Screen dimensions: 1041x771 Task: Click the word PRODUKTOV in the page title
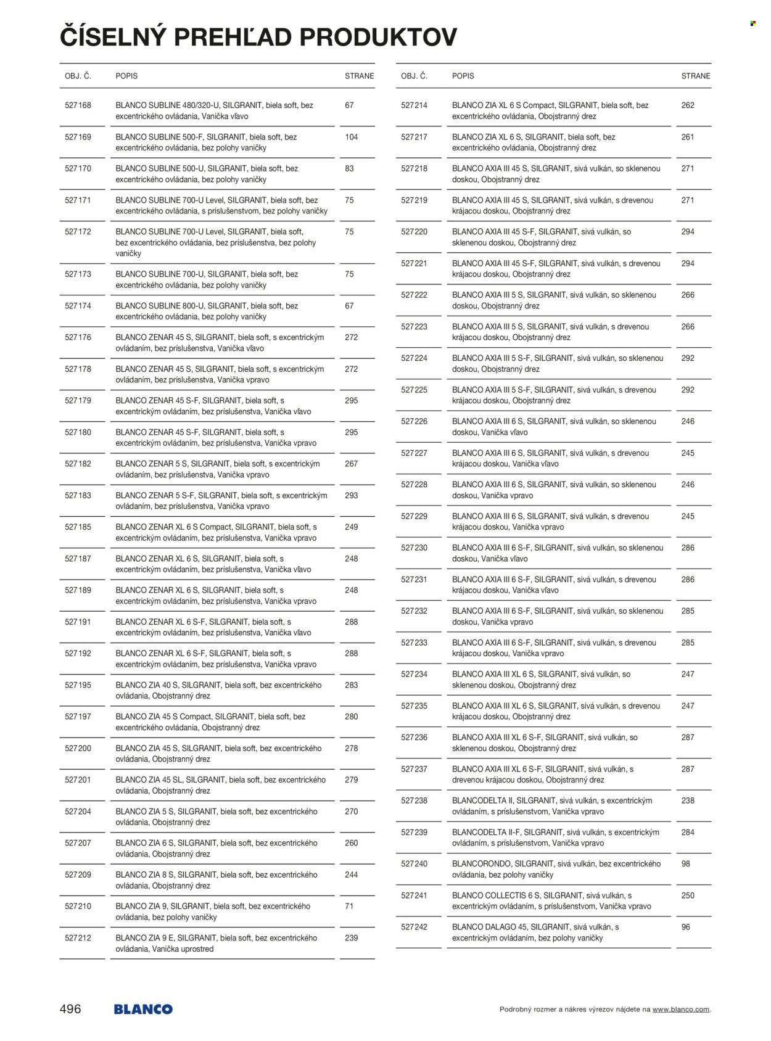coord(378,37)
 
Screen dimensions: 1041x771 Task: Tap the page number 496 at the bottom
coord(70,1009)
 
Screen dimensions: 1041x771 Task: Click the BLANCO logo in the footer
coord(143,1010)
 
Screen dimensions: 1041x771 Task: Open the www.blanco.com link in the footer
coord(681,1010)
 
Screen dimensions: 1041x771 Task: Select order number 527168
coord(78,105)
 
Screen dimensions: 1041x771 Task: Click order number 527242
coord(414,927)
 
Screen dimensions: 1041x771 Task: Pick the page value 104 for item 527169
coord(352,137)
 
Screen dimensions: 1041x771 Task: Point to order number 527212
coord(78,938)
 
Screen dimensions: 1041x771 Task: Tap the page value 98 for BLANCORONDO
coord(686,864)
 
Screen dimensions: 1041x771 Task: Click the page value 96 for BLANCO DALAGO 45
coord(686,927)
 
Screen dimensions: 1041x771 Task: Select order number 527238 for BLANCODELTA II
coord(414,800)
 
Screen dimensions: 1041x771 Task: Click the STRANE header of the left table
coord(359,76)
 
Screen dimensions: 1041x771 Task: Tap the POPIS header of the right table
coord(463,76)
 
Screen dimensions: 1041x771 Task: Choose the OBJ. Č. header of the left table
coord(78,76)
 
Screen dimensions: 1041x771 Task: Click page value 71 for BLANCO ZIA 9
coord(349,907)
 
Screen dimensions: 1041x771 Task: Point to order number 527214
coord(414,105)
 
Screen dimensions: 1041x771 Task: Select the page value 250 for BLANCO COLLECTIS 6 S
coord(688,895)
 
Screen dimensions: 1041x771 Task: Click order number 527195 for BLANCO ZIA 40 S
coord(78,685)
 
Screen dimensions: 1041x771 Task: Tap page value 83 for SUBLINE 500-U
coord(349,168)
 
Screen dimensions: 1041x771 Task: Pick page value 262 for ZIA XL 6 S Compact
coord(688,105)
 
